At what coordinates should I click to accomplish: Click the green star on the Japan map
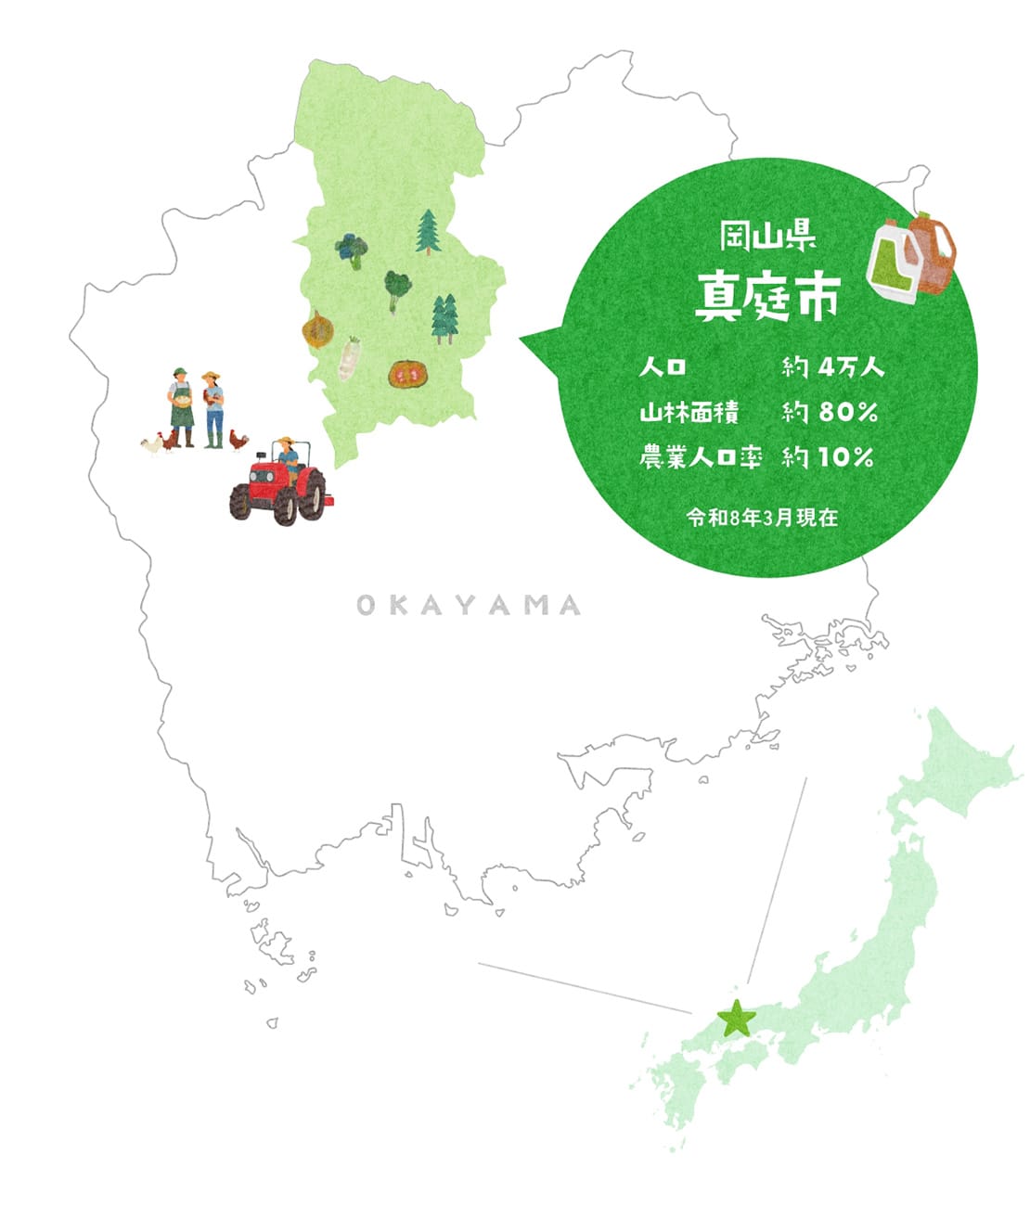(738, 1019)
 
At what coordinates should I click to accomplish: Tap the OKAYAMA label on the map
(469, 606)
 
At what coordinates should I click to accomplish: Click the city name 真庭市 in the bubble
(767, 296)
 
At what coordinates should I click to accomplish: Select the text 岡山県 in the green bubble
(767, 237)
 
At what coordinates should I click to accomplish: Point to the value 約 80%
(829, 412)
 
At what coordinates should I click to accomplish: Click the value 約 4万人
(832, 368)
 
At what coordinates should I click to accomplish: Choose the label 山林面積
(689, 412)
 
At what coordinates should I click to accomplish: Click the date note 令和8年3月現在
(762, 518)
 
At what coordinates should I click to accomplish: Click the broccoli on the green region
(352, 250)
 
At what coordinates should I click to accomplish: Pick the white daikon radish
(349, 359)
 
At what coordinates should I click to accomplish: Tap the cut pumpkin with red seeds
(407, 374)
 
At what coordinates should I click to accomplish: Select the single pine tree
(428, 231)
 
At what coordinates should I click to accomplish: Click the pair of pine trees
(445, 318)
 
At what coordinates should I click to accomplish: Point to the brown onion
(317, 329)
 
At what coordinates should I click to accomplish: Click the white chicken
(151, 445)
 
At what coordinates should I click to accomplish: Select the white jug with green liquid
(891, 263)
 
